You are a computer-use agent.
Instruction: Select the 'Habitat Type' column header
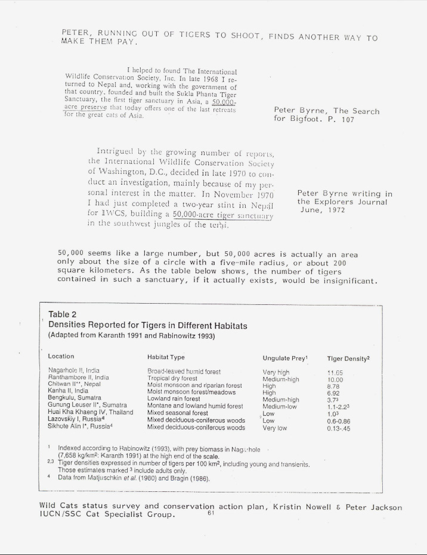tap(166, 357)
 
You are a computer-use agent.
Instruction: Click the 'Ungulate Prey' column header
tap(284, 358)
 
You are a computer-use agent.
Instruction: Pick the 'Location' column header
tap(61, 357)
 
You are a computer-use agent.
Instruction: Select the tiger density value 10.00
tap(335, 378)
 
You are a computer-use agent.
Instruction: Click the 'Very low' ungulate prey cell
tap(275, 428)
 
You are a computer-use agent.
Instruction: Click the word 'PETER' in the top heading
tap(75, 32)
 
